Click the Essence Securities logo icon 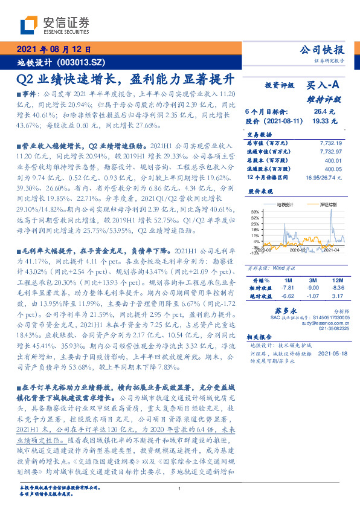pyautogui.click(x=28, y=25)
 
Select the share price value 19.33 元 pyautogui.click(x=324, y=121)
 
